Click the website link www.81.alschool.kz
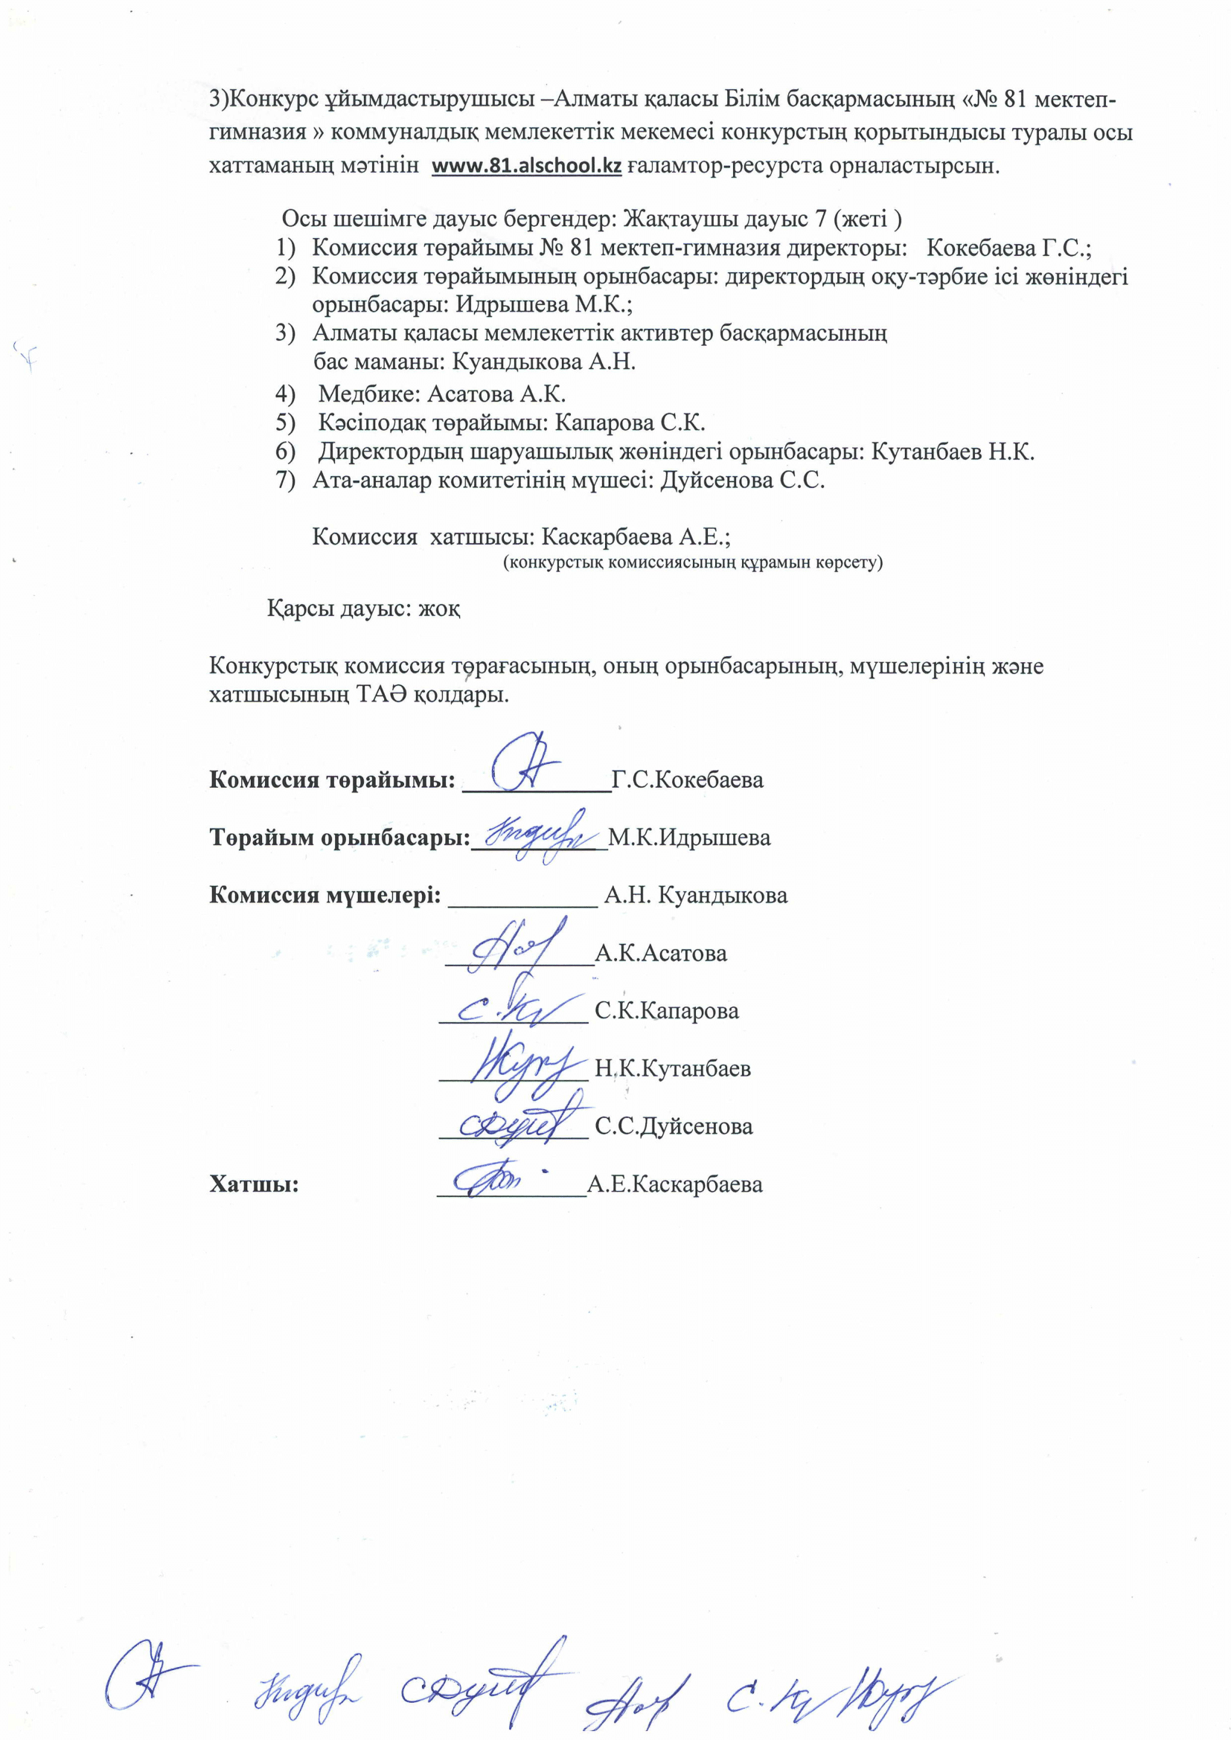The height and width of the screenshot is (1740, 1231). point(526,166)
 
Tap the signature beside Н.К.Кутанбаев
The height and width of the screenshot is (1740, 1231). point(523,1065)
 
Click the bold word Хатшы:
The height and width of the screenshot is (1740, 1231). point(254,1184)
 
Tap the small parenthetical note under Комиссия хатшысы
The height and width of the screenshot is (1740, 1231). point(693,562)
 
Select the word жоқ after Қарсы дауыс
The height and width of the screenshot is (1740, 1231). point(440,609)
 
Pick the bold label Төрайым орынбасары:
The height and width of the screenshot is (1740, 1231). point(339,838)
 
